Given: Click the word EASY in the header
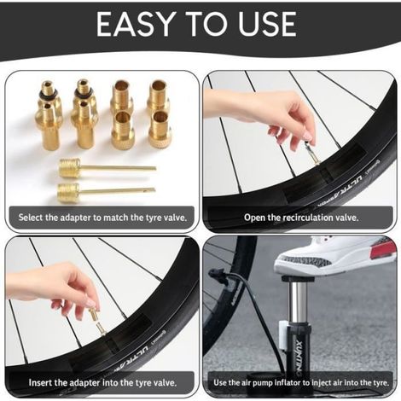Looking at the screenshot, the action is [x=136, y=25].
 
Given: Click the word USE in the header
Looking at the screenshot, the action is [x=267, y=25].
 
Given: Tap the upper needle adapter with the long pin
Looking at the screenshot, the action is [x=108, y=168].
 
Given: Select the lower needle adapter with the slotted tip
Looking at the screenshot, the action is [x=107, y=192].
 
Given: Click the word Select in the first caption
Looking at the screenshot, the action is [x=31, y=218].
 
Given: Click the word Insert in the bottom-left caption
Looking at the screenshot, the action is [x=41, y=382].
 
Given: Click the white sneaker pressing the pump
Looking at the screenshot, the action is [x=335, y=255].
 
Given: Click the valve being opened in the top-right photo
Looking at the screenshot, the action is [x=310, y=154].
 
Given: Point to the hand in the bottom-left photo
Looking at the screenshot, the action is [x=57, y=288].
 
